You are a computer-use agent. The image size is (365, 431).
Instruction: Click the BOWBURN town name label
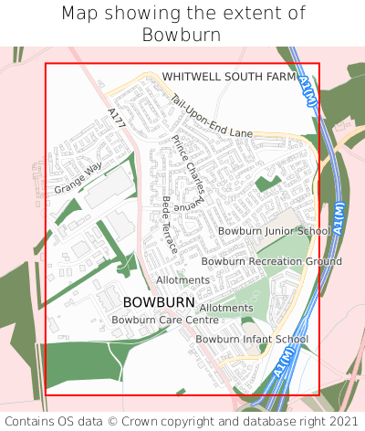click(x=158, y=302)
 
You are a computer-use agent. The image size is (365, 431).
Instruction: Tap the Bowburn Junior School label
click(x=273, y=231)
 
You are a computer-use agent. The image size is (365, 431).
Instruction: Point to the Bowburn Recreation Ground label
click(x=271, y=261)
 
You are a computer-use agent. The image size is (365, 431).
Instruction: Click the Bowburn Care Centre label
click(x=165, y=320)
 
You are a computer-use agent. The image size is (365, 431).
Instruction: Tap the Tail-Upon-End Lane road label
click(x=211, y=120)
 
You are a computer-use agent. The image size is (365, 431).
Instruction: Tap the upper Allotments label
click(x=182, y=279)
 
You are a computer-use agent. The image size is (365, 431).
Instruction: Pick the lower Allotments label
click(x=225, y=309)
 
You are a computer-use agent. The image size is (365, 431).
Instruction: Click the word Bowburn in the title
click(x=182, y=35)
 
